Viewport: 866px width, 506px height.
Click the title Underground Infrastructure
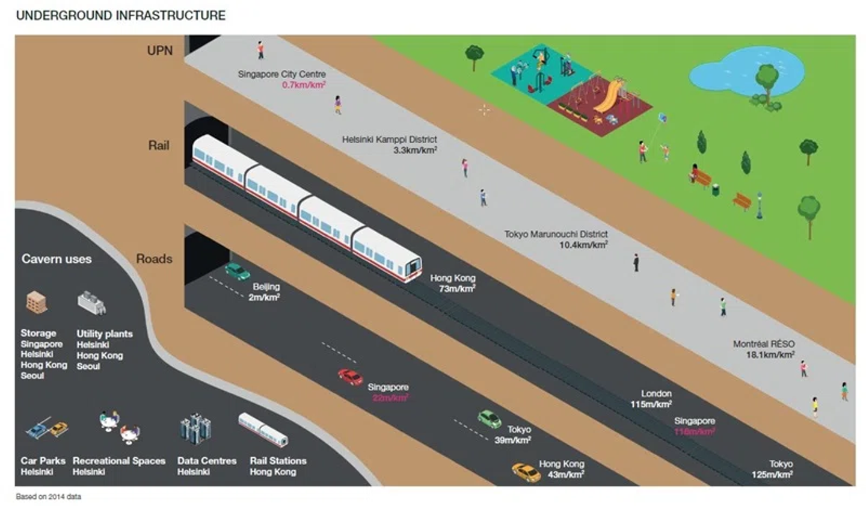[x=120, y=16]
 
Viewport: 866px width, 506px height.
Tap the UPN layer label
[x=159, y=51]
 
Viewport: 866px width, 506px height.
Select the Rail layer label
[x=159, y=146]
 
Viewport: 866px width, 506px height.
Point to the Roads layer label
[x=154, y=259]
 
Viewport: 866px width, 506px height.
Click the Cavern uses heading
[x=57, y=259]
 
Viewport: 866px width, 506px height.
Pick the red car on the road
[x=350, y=377]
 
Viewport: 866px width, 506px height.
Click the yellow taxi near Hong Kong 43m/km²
[x=526, y=472]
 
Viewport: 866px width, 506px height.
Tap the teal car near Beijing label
[x=237, y=271]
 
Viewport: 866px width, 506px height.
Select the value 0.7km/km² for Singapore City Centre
[x=304, y=85]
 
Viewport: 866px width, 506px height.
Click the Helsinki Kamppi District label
[x=389, y=140]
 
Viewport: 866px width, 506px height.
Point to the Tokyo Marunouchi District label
[x=556, y=234]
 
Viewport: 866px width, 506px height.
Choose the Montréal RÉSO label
[x=763, y=344]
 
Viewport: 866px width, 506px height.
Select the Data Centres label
[x=207, y=461]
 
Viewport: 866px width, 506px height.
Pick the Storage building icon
[x=37, y=302]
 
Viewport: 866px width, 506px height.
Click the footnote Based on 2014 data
[x=48, y=497]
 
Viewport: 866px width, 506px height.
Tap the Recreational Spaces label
[x=119, y=461]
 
